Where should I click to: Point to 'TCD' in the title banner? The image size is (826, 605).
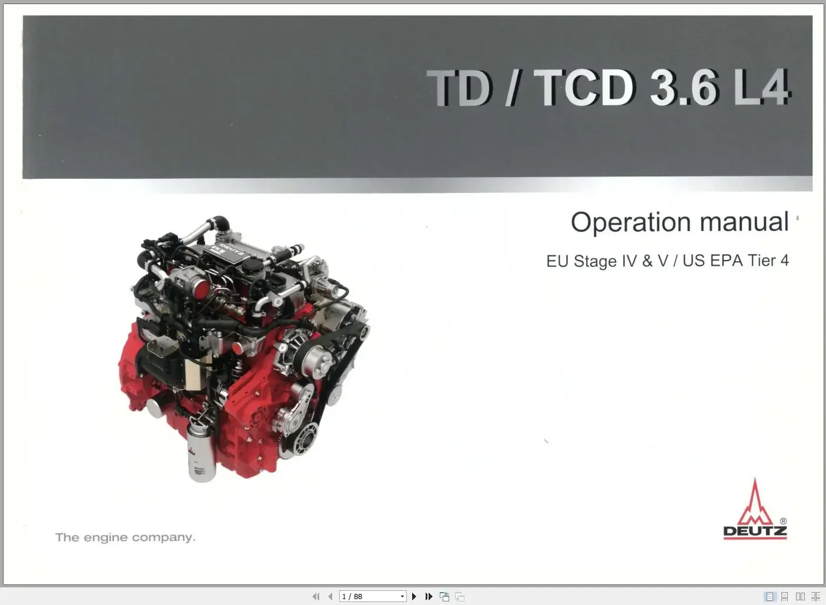pyautogui.click(x=587, y=88)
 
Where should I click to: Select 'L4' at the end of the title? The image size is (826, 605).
pyautogui.click(x=762, y=88)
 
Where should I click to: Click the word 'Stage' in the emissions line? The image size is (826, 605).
pyautogui.click(x=595, y=261)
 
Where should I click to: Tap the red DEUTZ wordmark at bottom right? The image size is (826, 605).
pyautogui.click(x=755, y=532)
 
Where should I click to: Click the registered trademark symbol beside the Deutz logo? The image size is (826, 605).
pyautogui.click(x=783, y=522)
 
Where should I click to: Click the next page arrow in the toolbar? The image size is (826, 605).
pyautogui.click(x=414, y=597)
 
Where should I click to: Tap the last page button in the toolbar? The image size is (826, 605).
pyautogui.click(x=429, y=597)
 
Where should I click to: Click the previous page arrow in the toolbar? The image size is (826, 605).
pyautogui.click(x=330, y=597)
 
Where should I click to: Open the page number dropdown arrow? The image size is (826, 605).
pyautogui.click(x=402, y=597)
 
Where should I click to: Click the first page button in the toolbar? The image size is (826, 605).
pyautogui.click(x=316, y=597)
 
